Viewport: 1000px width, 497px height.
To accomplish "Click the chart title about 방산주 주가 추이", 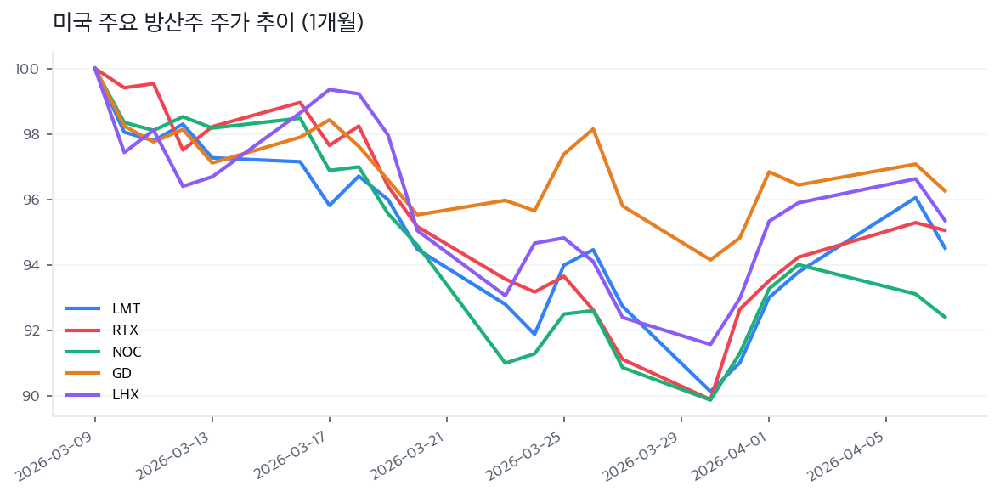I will (208, 23).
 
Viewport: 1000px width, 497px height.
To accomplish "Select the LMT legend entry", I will (126, 308).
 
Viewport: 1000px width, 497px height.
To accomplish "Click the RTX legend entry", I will (126, 330).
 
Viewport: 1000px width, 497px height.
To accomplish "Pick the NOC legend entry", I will (127, 352).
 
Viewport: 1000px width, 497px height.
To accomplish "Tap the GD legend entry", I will (121, 373).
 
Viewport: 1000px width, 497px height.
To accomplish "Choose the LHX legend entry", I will (126, 394).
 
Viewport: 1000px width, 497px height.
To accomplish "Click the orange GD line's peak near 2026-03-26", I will (593, 129).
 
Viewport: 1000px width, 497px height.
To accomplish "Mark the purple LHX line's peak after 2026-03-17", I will (330, 89).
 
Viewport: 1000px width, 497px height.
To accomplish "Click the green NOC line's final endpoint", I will (945, 318).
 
